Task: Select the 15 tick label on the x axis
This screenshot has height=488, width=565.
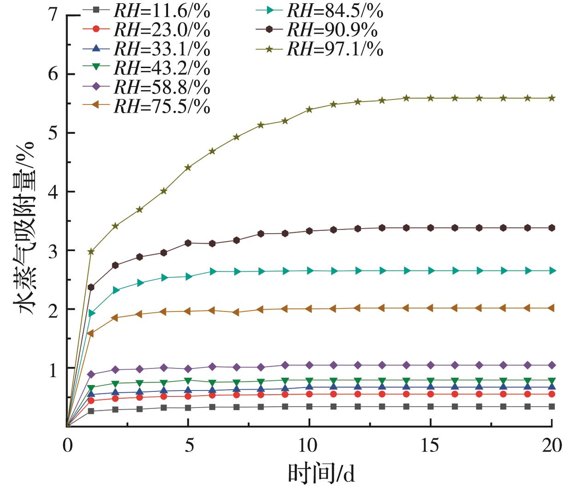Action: [430, 446]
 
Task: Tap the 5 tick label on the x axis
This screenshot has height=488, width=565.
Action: [188, 446]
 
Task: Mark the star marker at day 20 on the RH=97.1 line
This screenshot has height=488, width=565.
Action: [552, 98]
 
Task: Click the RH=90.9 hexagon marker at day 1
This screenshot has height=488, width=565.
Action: [91, 287]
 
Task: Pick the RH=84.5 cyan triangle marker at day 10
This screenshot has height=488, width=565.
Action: [309, 271]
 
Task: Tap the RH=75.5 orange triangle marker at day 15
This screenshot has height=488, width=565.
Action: [430, 308]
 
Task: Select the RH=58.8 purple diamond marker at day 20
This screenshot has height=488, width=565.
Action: [552, 365]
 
